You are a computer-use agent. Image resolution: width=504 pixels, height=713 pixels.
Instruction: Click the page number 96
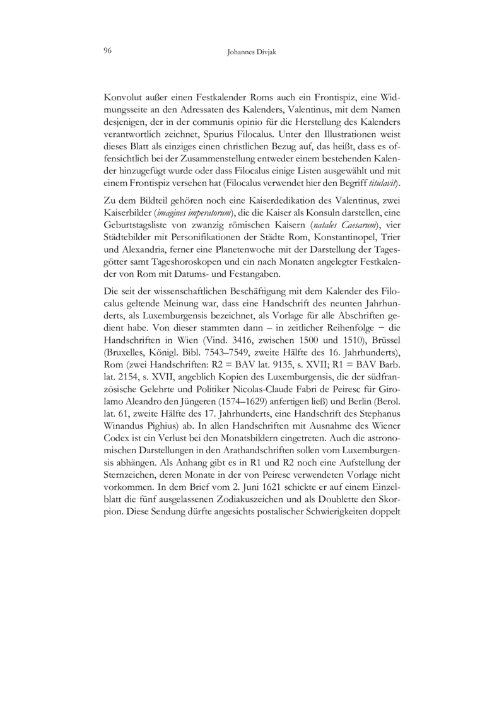[x=107, y=51]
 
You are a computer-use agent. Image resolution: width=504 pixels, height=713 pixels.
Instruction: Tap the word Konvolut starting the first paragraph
[x=122, y=98]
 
